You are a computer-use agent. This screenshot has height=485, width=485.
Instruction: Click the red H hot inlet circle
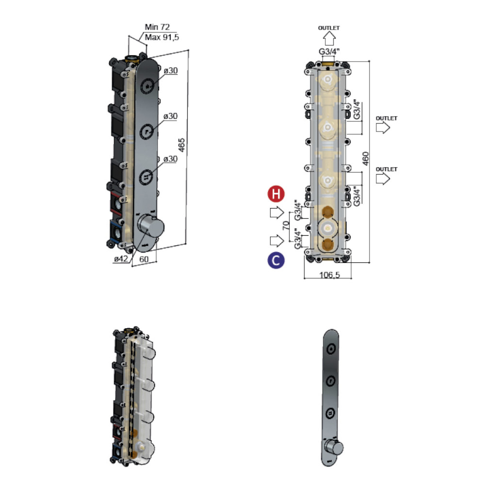(276, 194)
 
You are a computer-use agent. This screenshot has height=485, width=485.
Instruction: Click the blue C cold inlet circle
(276, 260)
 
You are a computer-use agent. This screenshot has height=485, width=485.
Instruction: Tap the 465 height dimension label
(181, 145)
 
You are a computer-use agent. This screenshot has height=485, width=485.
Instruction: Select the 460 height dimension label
(365, 159)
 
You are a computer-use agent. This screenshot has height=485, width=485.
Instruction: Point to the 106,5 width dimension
(329, 275)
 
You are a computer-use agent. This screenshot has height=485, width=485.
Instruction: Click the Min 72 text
(157, 27)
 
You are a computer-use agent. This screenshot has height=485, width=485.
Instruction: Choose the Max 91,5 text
(162, 37)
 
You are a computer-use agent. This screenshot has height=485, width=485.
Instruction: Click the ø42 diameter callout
(121, 259)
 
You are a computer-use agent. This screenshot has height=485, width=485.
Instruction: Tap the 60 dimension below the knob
(144, 259)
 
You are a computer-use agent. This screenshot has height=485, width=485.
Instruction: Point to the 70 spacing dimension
(287, 225)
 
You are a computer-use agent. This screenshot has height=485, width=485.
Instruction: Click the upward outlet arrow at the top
(329, 39)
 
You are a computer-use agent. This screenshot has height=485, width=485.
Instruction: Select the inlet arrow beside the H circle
(277, 212)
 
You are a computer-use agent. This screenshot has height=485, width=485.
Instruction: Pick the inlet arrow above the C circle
(277, 241)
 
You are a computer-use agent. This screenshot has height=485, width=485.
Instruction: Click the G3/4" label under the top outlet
(329, 51)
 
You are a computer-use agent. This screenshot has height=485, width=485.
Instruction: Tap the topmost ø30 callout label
(170, 71)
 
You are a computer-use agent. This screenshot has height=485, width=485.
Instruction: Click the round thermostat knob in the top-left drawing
(151, 226)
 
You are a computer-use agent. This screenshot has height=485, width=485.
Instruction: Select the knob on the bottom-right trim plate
(334, 448)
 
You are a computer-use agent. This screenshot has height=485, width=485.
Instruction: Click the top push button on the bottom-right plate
(331, 349)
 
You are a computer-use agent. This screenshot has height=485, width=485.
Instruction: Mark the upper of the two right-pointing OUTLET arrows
(383, 128)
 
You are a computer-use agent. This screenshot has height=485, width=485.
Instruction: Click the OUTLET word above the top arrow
(329, 28)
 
